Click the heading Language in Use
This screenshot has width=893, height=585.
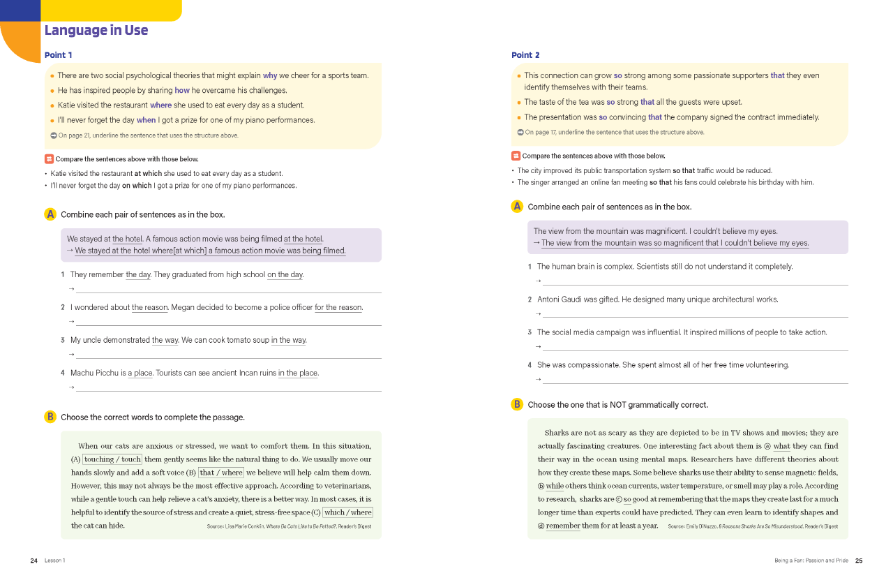tap(96, 30)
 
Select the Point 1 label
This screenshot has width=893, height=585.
tap(58, 55)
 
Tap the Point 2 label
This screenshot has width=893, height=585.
tap(525, 55)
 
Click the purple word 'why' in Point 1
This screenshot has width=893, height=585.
tap(270, 75)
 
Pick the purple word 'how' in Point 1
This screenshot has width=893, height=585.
tap(182, 90)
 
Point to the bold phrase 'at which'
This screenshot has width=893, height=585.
tap(148, 173)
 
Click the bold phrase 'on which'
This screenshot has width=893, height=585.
tap(137, 186)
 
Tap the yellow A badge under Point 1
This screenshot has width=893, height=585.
tap(50, 214)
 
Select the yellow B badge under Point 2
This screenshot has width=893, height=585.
tap(517, 404)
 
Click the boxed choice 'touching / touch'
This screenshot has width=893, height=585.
tap(112, 459)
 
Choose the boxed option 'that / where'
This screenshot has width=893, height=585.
tap(221, 473)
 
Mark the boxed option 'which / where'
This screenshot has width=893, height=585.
tap(347, 512)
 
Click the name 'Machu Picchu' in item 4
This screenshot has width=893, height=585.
tap(93, 373)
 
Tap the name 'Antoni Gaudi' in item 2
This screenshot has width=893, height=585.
tap(560, 299)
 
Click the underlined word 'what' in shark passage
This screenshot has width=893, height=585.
tap(781, 446)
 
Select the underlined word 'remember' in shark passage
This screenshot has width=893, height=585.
tap(563, 526)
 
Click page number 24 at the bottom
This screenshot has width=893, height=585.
tap(34, 561)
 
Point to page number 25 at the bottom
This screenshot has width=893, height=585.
tap(859, 561)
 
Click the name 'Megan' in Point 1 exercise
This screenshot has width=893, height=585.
tap(181, 307)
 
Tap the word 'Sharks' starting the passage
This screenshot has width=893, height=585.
tap(556, 433)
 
